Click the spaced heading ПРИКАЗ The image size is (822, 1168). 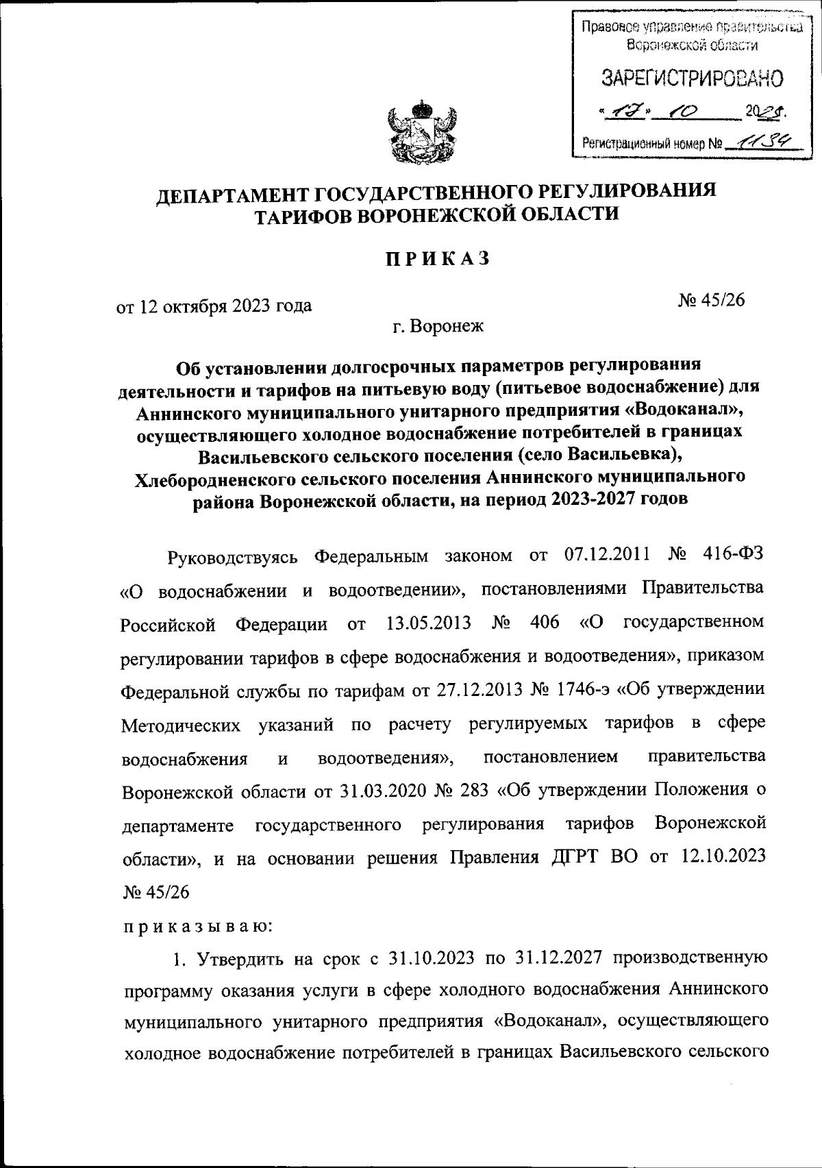pyautogui.click(x=437, y=260)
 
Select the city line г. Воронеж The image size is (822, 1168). pyautogui.click(x=438, y=326)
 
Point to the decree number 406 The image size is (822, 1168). pyautogui.click(x=545, y=623)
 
